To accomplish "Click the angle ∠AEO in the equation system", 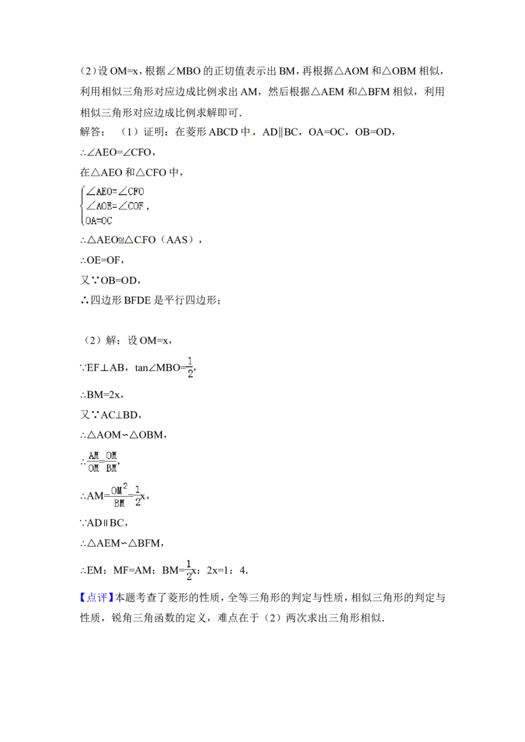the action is click(x=100, y=192).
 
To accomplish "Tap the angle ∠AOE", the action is click(x=100, y=206).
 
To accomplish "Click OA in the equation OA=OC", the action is click(x=91, y=221).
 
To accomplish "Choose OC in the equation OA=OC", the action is click(x=106, y=221).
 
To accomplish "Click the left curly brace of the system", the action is click(x=81, y=206).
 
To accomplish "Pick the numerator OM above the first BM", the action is click(x=112, y=454).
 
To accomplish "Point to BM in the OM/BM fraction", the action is click(x=112, y=469).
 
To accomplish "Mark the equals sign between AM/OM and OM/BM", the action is click(x=102, y=461).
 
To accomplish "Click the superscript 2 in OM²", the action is click(x=125, y=486).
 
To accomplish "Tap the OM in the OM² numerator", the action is click(x=117, y=490).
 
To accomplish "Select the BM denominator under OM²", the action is click(x=118, y=504).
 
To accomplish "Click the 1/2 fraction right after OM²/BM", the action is click(x=138, y=496).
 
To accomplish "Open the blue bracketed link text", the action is click(x=97, y=596).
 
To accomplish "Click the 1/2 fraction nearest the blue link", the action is click(x=189, y=570).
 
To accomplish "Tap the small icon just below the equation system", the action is click(x=142, y=244).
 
